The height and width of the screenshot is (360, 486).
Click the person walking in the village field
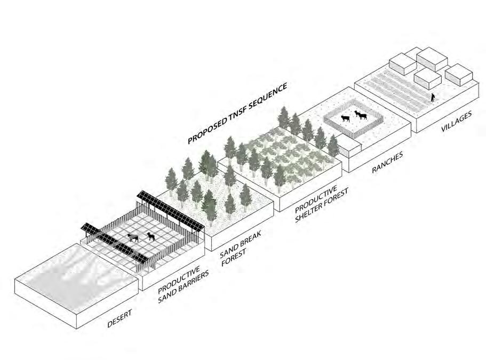coord(433,98)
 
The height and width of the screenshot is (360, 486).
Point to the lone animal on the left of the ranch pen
coord(346,118)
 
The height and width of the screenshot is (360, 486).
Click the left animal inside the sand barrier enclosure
coord(133,238)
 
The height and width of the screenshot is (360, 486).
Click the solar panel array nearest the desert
coord(114,243)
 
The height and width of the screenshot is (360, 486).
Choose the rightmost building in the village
coord(459,75)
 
